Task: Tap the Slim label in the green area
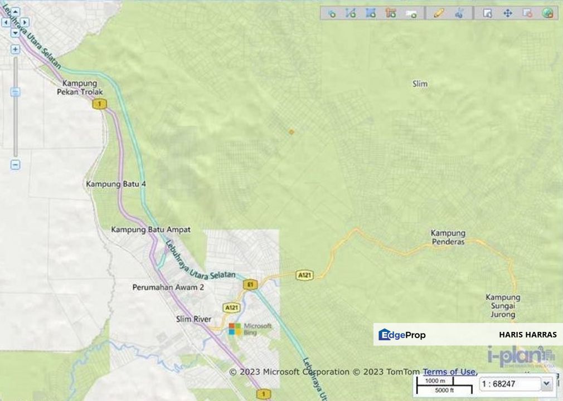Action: click(x=420, y=84)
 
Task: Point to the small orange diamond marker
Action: click(x=291, y=131)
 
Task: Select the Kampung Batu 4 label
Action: click(x=116, y=184)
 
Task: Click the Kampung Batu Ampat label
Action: click(x=151, y=229)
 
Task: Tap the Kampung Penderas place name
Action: click(x=448, y=237)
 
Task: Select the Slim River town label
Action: click(x=193, y=319)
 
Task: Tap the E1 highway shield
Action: click(x=250, y=285)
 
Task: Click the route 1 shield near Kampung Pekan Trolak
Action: click(x=100, y=104)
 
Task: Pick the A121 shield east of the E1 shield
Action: click(x=304, y=275)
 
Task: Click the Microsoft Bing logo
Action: click(x=250, y=329)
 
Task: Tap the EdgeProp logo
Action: click(x=402, y=335)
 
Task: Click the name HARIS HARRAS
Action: click(x=527, y=335)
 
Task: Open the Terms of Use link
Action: click(x=449, y=371)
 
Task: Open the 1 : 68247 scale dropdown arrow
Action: click(x=546, y=383)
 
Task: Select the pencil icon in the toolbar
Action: click(x=439, y=13)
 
